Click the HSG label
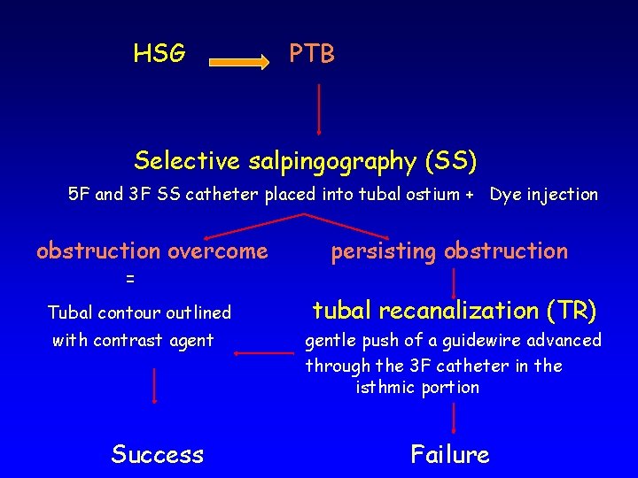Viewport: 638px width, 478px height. (159, 54)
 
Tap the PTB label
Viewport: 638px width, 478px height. (312, 54)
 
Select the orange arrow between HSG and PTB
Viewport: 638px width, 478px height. (241, 63)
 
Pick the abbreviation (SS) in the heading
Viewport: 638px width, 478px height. (451, 160)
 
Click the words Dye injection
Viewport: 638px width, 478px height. (544, 195)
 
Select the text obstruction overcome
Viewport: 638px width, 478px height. (152, 251)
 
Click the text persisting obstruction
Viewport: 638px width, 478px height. (449, 251)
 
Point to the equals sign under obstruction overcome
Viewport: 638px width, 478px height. (130, 279)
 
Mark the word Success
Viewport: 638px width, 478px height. (158, 455)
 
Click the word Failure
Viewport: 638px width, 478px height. (450, 455)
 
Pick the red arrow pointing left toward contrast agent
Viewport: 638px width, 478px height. (263, 354)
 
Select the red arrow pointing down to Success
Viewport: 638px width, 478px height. (155, 384)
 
